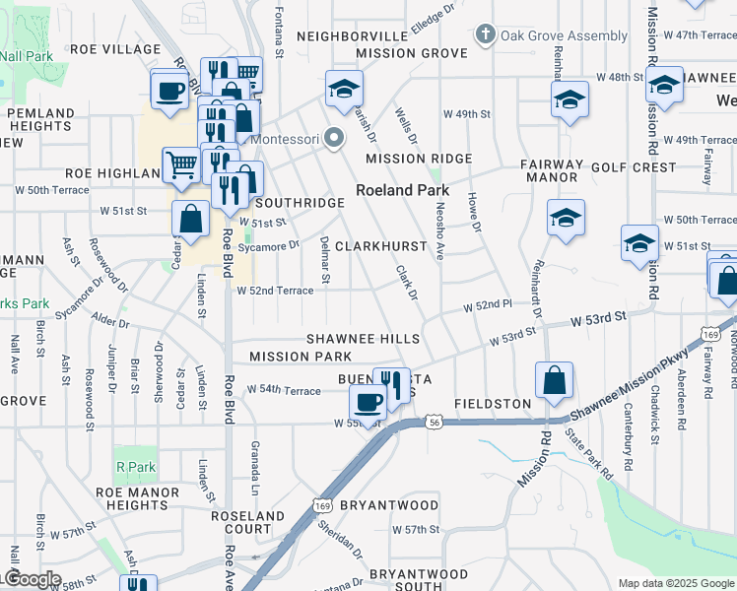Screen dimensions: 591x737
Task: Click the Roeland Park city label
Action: pos(402,190)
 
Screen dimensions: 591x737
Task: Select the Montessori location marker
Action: pos(334,139)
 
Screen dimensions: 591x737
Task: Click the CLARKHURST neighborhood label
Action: pos(382,245)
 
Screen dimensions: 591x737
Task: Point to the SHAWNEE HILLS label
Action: pos(363,339)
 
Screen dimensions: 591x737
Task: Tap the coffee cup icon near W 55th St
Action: pos(368,402)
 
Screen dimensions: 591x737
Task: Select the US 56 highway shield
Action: pos(433,422)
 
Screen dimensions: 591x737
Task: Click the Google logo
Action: pos(32,579)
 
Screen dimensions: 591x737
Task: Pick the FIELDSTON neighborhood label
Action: pos(493,404)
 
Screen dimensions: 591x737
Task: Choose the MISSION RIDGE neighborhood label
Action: pos(419,159)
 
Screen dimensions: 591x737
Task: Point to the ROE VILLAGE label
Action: pos(115,49)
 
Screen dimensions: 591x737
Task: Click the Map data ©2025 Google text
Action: pos(676,583)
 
